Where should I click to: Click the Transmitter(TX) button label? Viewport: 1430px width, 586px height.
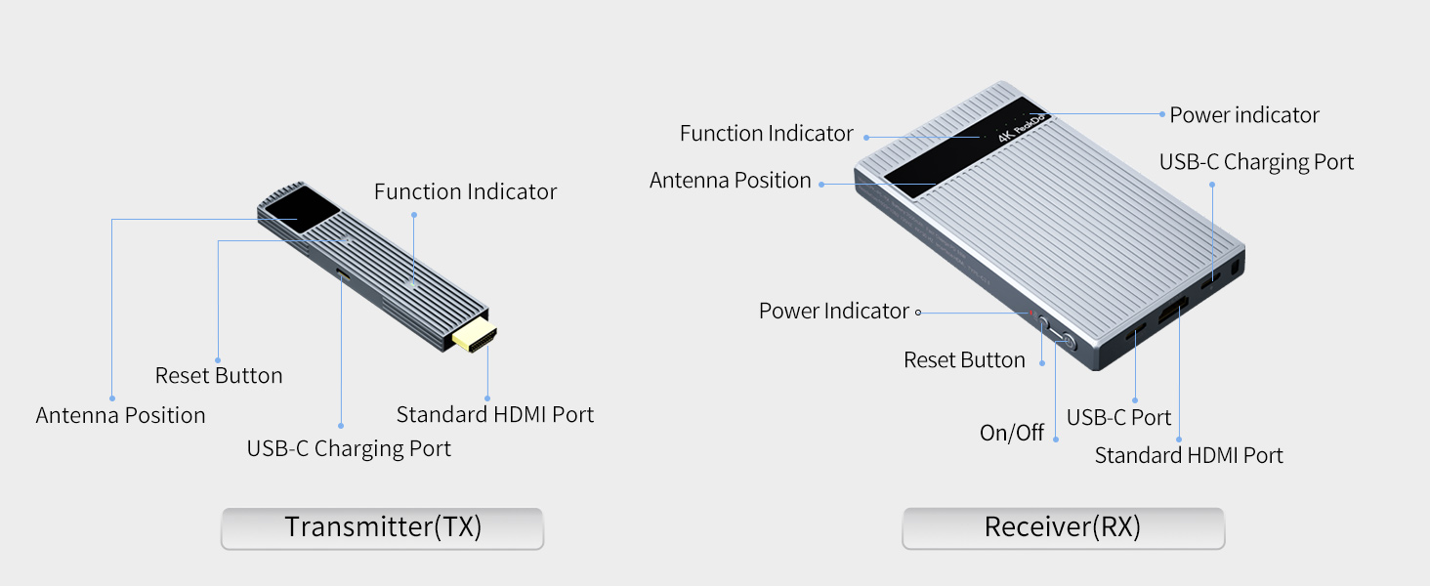383,527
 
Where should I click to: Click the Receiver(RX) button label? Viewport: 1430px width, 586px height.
1063,527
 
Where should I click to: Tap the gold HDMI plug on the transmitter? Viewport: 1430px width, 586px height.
475,335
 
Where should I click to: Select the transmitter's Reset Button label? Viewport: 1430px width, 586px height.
219,376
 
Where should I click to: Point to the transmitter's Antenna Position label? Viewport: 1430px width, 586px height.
121,415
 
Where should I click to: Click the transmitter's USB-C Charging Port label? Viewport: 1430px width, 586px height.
349,449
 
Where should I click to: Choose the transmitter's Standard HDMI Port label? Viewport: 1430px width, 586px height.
494,414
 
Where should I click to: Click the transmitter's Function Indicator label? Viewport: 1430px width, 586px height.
465,192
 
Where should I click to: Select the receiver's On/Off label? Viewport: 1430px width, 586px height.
1012,433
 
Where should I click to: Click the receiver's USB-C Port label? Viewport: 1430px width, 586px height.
1118,418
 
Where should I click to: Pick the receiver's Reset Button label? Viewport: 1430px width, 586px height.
964,360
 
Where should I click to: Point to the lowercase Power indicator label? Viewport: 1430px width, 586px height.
1244,115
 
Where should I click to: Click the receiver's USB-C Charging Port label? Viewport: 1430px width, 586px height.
1256,162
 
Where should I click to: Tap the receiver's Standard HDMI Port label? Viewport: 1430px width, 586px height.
1189,455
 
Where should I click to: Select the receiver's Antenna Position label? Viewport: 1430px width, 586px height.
731,181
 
